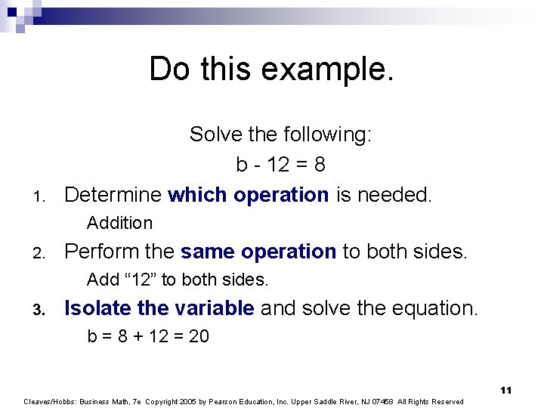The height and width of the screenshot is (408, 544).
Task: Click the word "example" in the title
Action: pyautogui.click(x=326, y=70)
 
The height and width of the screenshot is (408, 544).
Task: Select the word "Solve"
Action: pyautogui.click(x=214, y=134)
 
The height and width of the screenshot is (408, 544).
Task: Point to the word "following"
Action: pyautogui.click(x=328, y=134)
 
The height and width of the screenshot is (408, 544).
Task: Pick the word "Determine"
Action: pyautogui.click(x=113, y=195)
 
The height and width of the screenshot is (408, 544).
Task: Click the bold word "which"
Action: pyautogui.click(x=197, y=195)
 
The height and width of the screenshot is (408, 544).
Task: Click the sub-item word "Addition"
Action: pyautogui.click(x=119, y=223)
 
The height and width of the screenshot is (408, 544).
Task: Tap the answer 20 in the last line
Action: pyautogui.click(x=198, y=336)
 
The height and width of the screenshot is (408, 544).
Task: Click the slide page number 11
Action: pyautogui.click(x=505, y=390)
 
